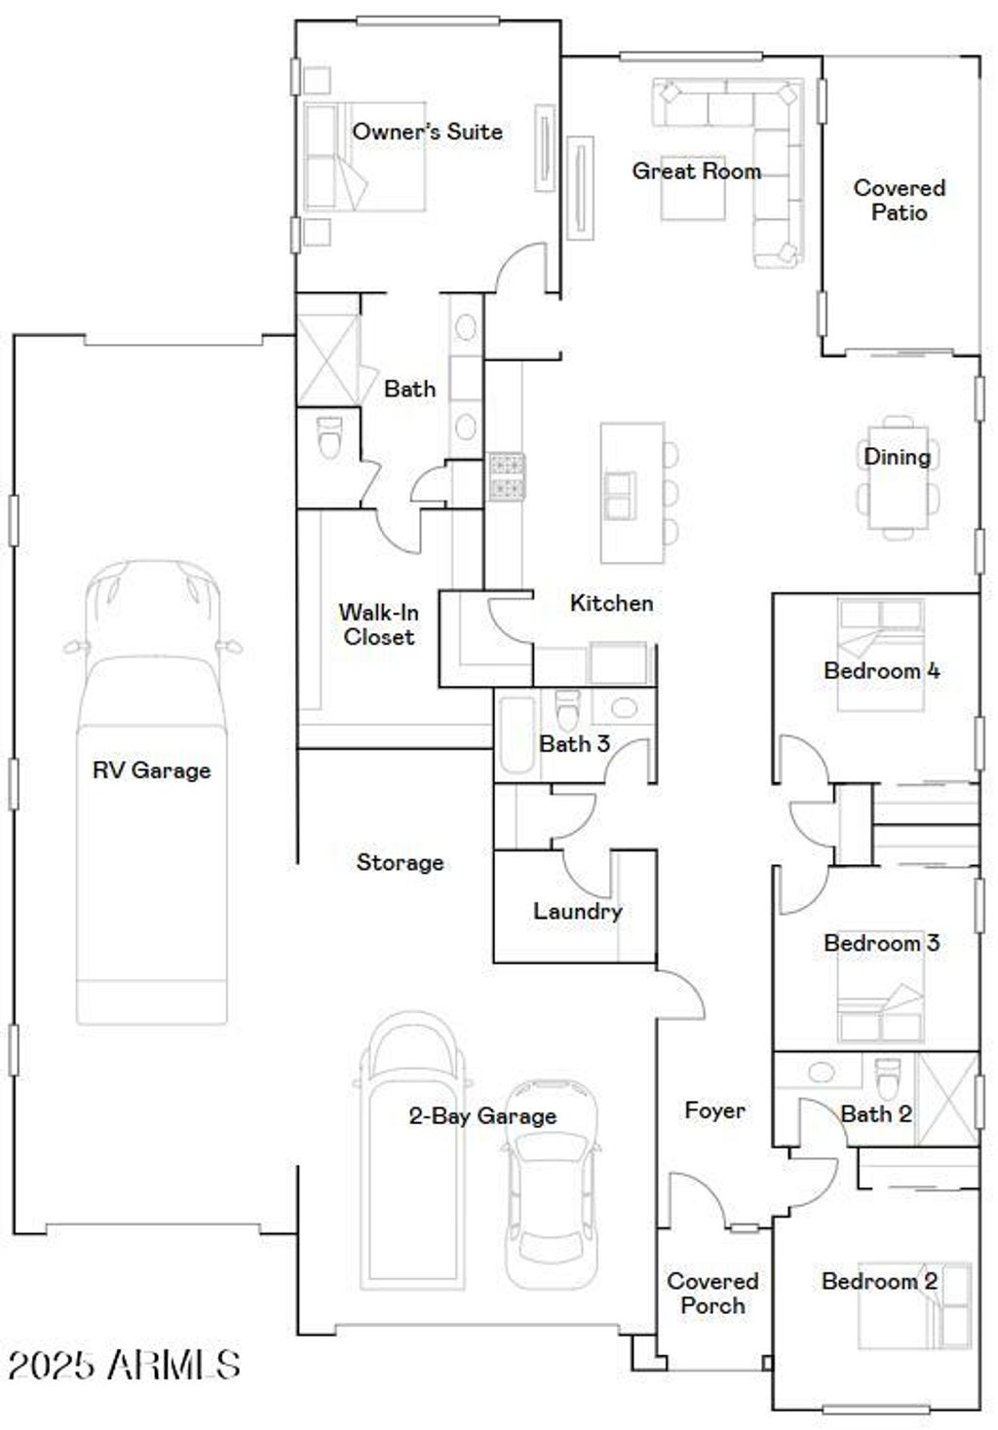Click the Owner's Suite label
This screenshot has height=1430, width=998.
pos(427,132)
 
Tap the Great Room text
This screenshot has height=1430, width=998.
pos(696,171)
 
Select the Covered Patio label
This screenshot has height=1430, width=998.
pos(899,200)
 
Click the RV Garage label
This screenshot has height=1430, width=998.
pos(151,771)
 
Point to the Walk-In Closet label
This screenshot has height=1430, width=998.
pos(378,624)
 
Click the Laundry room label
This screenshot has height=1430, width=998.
pos(577,912)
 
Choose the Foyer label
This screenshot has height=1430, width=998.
pos(714,1110)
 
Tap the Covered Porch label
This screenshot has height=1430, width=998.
pos(712,1294)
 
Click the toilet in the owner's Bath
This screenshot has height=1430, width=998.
pos(330,437)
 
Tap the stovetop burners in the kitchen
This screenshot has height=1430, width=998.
pos(507,476)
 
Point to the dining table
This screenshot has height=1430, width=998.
pos(899,477)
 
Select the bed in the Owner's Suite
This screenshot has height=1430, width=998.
pos(364,157)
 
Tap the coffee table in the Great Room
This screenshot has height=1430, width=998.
pos(693,190)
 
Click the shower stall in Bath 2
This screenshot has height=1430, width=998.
pos(947,1097)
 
